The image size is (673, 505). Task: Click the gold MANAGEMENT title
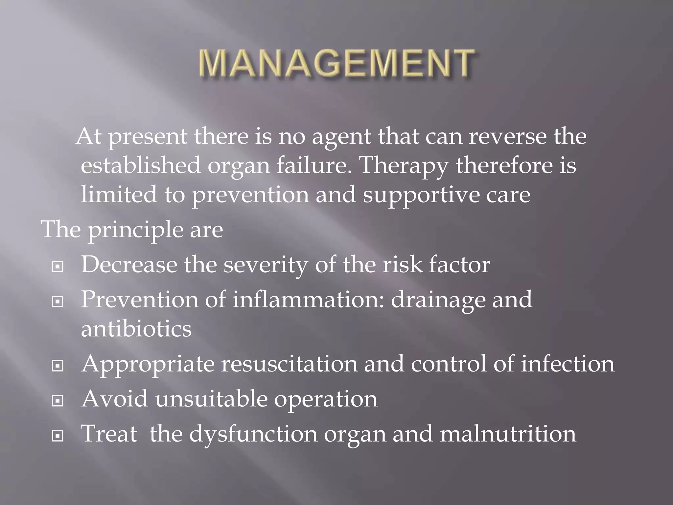336,63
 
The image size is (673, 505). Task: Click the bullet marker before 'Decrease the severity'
58,267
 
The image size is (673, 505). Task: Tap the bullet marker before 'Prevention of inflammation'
58,301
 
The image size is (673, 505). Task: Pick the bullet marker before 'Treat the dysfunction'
58,436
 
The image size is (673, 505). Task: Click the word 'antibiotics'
136,329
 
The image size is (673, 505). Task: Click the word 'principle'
135,230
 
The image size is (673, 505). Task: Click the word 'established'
140,165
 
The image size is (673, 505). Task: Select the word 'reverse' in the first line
507,136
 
